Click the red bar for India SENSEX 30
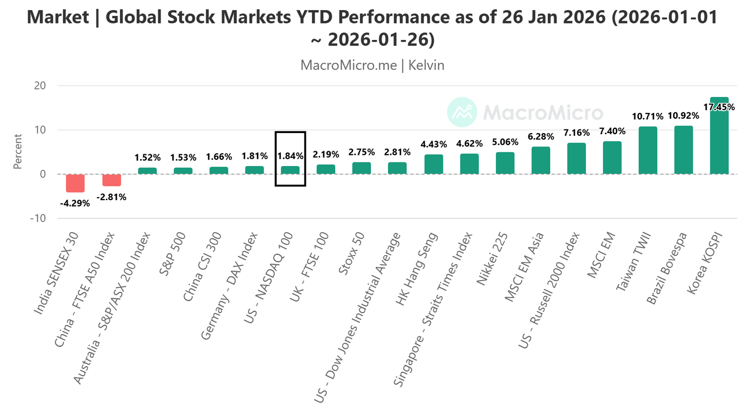point(75,183)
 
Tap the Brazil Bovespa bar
point(683,150)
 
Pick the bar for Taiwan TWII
point(648,151)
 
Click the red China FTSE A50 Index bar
point(112,180)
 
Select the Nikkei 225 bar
point(505,163)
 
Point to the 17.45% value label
point(719,107)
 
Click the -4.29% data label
point(75,203)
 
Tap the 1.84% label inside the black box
point(290,156)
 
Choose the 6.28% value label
point(541,137)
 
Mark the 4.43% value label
point(434,144)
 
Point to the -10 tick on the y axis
point(38,218)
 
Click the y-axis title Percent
point(18,152)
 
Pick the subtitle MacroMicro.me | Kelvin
point(372,65)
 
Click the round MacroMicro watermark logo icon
point(461,112)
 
